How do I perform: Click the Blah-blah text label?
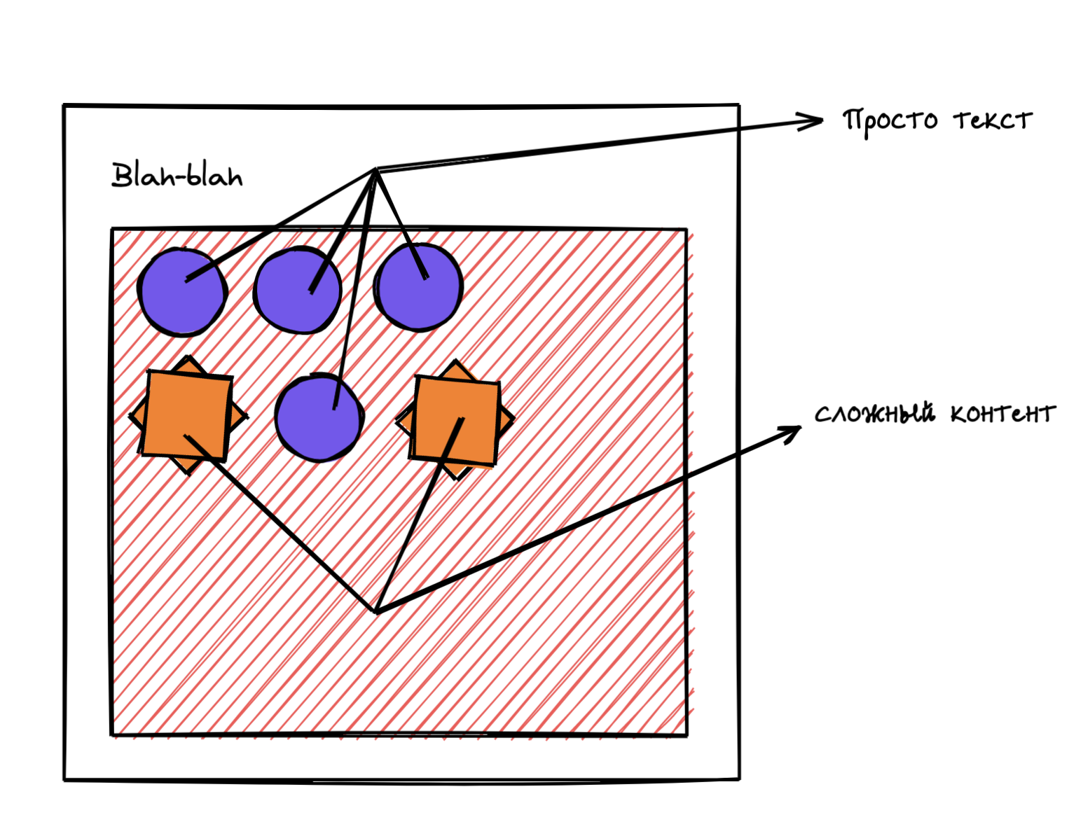tap(177, 175)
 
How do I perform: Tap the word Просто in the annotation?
tap(890, 121)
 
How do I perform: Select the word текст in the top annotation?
tap(993, 120)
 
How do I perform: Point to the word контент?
tap(1002, 415)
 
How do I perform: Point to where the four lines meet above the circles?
tap(376, 169)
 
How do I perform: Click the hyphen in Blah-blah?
tap(180, 178)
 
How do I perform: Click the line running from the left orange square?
tap(280, 524)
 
